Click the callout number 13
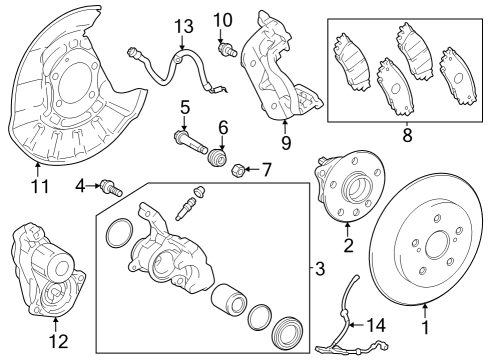[x=184, y=26]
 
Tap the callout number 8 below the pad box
[x=407, y=135]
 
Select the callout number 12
[x=59, y=341]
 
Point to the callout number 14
[x=376, y=325]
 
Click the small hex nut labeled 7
[x=237, y=171]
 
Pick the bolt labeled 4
[x=111, y=188]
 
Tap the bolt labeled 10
[x=227, y=49]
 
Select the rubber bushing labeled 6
[x=218, y=157]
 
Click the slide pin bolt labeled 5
[x=191, y=143]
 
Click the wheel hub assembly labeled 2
[x=350, y=186]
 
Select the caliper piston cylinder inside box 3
[x=229, y=300]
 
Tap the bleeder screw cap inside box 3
[x=199, y=191]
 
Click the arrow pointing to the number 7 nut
[x=253, y=169]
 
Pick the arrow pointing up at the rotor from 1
[x=425, y=311]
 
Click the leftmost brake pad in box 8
[x=352, y=62]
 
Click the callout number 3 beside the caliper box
[x=320, y=268]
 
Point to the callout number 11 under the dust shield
[x=40, y=186]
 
